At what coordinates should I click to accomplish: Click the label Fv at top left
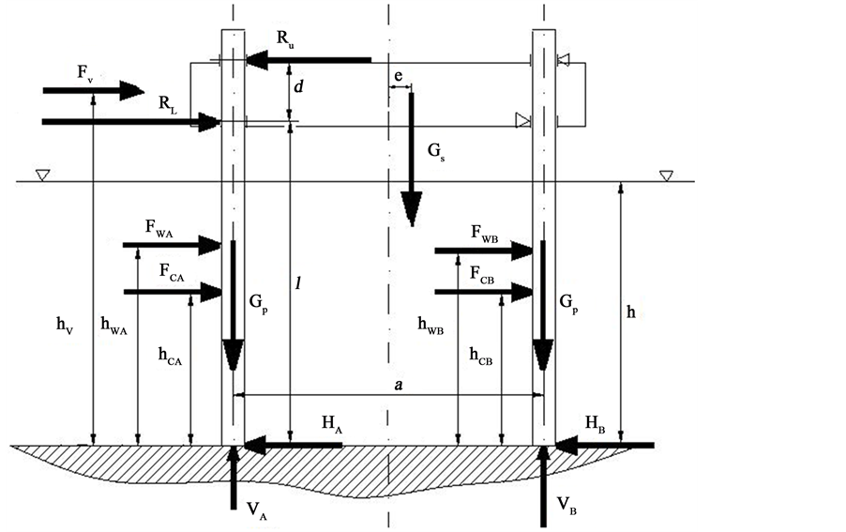[83, 71]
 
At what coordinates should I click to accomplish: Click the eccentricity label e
[399, 73]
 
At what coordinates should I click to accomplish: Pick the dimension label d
[298, 87]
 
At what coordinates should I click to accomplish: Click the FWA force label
[159, 227]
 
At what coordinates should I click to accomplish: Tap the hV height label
[64, 326]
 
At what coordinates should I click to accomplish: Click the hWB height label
[431, 326]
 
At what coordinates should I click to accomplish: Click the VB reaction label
[567, 507]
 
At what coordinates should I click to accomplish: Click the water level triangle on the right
[667, 175]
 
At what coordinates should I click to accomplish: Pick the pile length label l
[299, 281]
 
